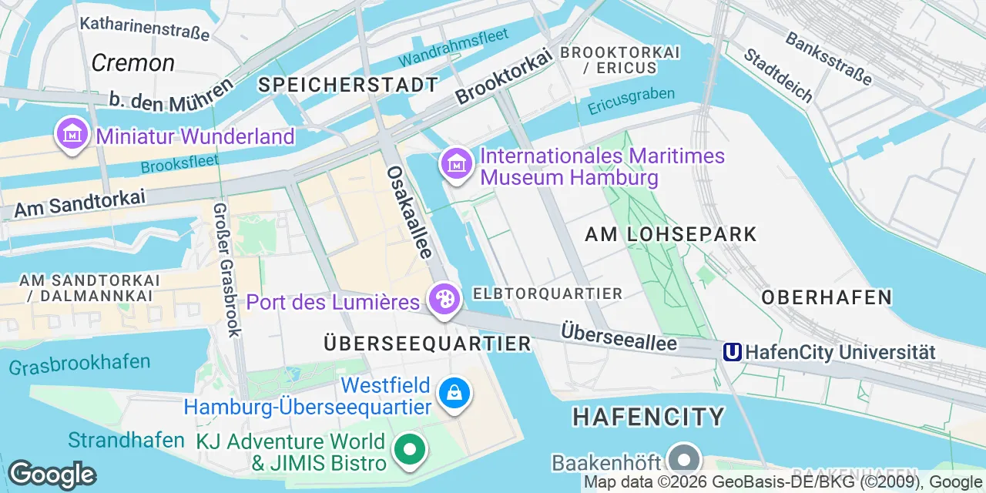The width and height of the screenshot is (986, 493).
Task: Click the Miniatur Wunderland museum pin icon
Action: (x=72, y=134)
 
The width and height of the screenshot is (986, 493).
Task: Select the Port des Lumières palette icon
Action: (x=444, y=299)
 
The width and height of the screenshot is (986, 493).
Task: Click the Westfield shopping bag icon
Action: (x=454, y=394)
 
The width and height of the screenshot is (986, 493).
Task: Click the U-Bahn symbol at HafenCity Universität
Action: (x=732, y=352)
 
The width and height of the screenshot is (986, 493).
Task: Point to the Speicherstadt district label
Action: (x=348, y=85)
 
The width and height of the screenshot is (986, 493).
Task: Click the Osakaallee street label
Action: (x=409, y=212)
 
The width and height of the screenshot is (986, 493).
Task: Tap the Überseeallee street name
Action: (x=619, y=336)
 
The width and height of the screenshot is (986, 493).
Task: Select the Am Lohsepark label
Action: (x=671, y=234)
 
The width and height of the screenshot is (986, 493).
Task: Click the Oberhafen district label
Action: (x=827, y=297)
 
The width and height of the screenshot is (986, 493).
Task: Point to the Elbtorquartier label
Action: (x=548, y=293)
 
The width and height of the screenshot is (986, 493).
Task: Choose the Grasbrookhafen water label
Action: (x=80, y=364)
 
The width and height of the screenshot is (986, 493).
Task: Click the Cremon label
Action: (x=132, y=62)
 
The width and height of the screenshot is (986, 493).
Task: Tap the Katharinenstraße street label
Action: (x=145, y=28)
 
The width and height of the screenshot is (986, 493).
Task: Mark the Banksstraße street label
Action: (x=828, y=58)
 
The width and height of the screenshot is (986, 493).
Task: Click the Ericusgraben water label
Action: (x=631, y=101)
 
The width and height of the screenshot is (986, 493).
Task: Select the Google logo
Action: (x=52, y=475)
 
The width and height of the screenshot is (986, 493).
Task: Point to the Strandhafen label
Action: (x=126, y=440)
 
